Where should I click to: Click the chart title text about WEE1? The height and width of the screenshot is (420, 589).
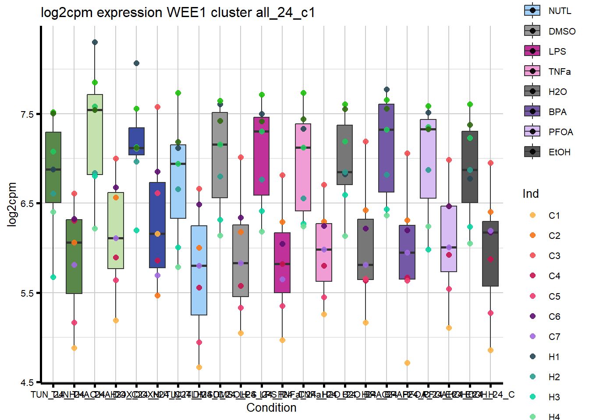177,12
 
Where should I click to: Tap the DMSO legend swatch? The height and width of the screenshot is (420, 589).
532,31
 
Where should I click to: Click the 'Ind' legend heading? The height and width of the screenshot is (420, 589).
530,194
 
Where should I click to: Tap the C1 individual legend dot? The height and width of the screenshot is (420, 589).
532,215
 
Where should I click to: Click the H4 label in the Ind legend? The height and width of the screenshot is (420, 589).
554,417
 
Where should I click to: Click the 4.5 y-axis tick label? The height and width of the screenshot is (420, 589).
27,383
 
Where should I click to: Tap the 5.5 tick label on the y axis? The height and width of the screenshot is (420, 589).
27,294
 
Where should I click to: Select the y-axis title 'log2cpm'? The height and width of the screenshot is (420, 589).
12,204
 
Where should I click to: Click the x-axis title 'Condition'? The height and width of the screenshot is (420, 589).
271,408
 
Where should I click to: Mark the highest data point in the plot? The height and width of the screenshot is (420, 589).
95,42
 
